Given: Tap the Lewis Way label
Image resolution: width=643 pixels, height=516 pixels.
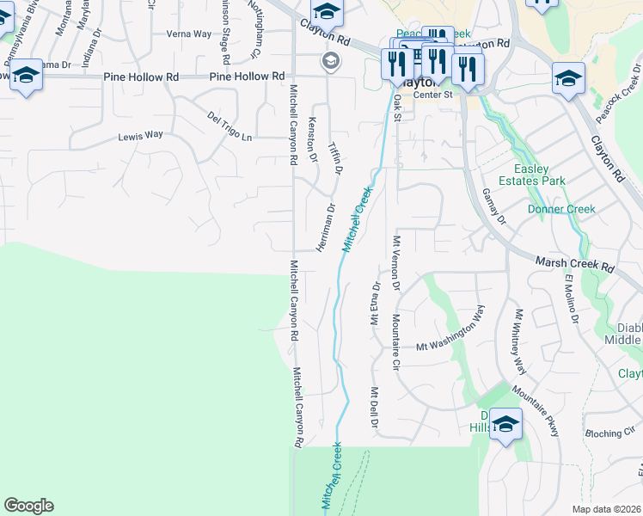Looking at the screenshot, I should tap(140, 136).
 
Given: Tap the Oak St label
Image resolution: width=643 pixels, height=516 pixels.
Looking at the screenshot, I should tap(397, 107).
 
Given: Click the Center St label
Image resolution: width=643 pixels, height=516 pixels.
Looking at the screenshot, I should tap(432, 95).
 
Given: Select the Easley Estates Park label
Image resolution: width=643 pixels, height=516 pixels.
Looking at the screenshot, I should tap(540, 175).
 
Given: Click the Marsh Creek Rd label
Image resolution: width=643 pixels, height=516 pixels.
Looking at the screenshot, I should tap(574, 263).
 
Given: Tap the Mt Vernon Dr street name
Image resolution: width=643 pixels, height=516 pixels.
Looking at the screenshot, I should tap(396, 265).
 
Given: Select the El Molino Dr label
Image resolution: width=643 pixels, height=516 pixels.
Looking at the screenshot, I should tap(572, 298).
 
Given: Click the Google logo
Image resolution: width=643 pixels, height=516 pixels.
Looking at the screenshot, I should tap(28, 506).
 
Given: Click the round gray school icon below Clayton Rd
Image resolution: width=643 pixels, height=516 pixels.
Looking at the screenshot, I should tap(329, 61).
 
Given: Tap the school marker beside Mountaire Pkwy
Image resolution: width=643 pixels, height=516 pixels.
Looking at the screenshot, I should tap(506, 424).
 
